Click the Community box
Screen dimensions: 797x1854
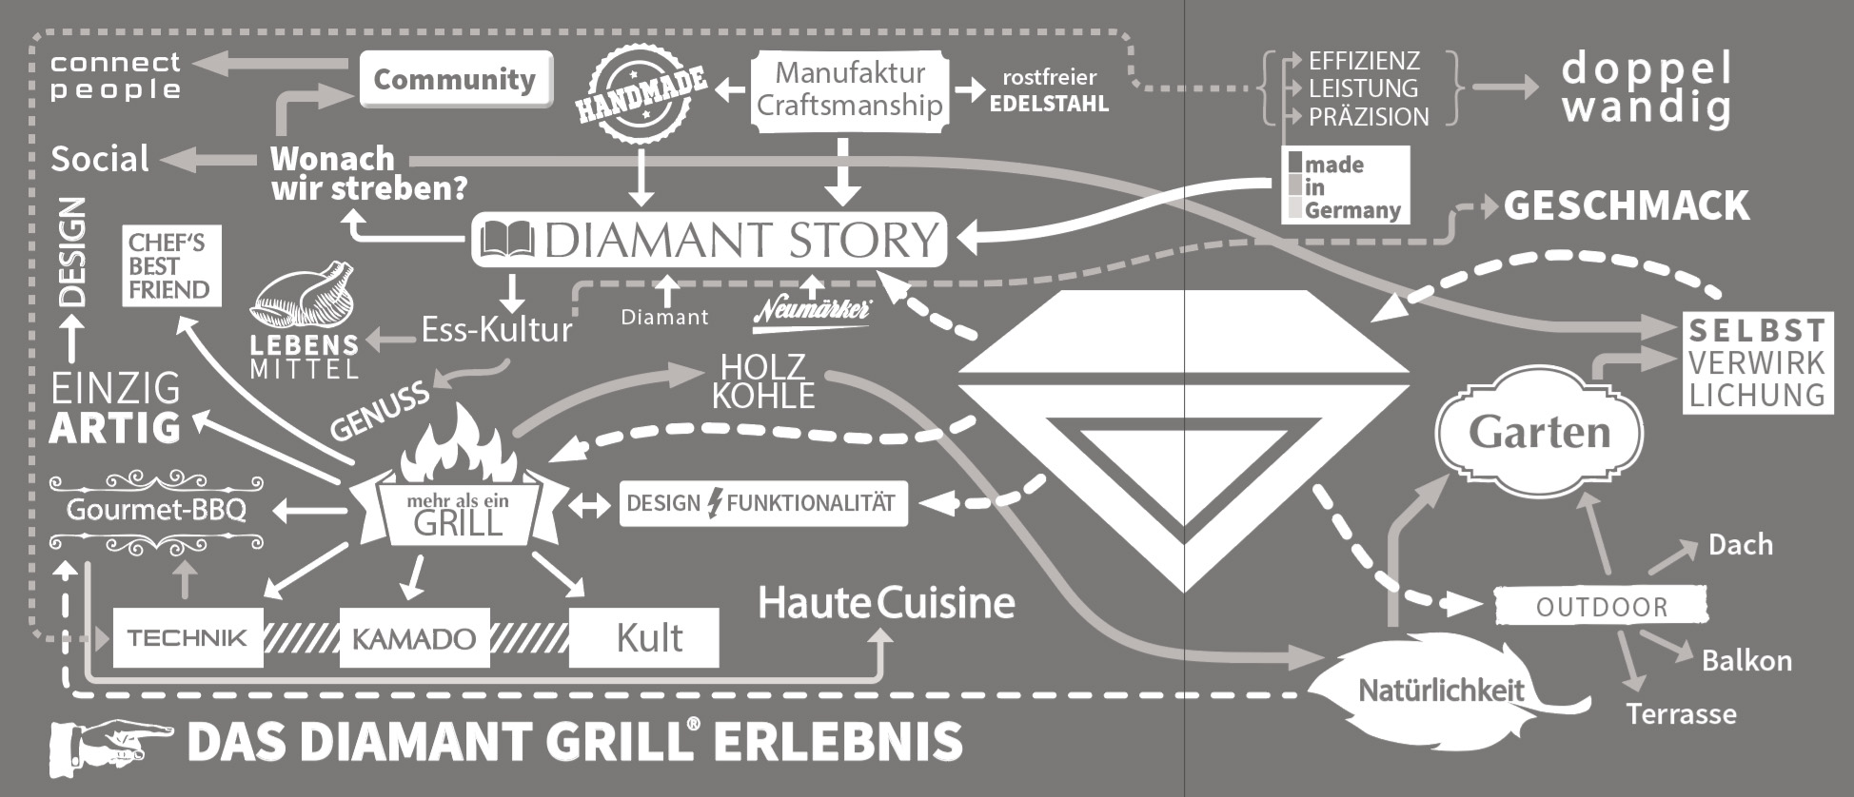click(455, 80)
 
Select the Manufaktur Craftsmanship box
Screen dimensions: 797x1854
click(850, 88)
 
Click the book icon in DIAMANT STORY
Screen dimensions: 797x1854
click(507, 240)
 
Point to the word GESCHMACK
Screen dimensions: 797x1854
click(1626, 205)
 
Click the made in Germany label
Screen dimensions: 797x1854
click(1344, 186)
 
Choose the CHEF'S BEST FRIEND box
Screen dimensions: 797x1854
click(171, 266)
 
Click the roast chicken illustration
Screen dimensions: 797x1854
click(303, 297)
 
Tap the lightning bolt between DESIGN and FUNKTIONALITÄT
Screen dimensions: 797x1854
click(714, 503)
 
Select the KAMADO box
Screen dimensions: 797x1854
click(414, 638)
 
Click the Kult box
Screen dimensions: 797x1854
click(644, 638)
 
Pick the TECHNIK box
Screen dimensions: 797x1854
click(187, 638)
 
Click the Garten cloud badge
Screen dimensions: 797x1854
click(1538, 433)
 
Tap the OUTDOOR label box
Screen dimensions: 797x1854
click(1601, 606)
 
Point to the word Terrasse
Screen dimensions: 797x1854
click(1681, 714)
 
